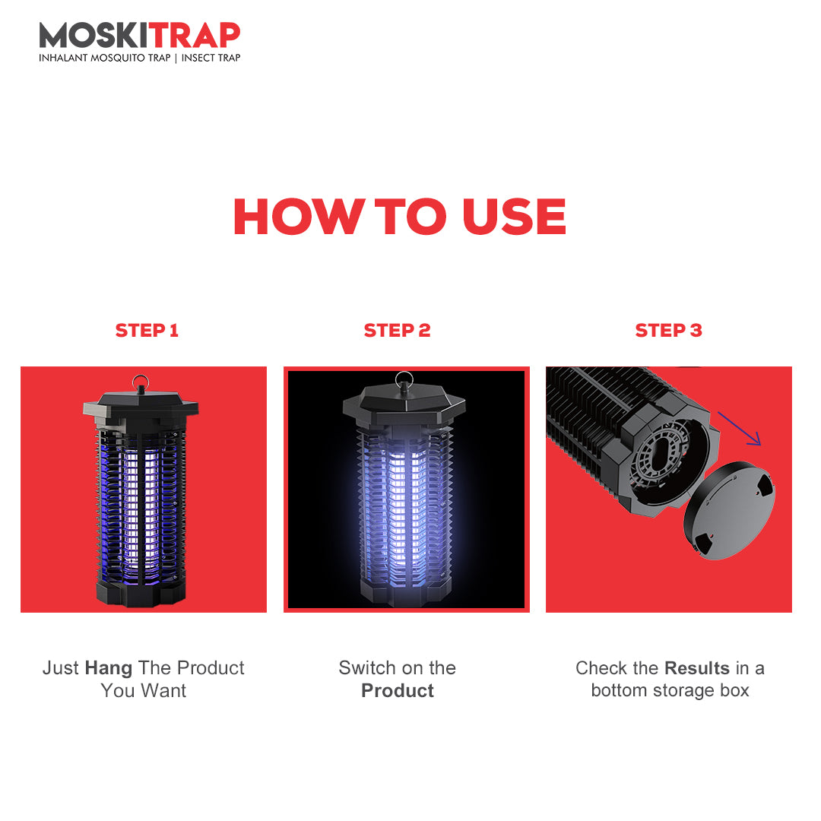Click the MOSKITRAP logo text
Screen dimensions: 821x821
[140, 36]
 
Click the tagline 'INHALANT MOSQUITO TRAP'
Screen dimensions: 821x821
[105, 58]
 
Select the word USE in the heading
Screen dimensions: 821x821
[514, 216]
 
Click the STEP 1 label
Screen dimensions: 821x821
[147, 331]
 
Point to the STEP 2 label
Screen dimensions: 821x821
[397, 331]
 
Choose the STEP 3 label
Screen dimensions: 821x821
[668, 331]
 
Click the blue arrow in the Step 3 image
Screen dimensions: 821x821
[739, 428]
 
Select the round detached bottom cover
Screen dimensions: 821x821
[729, 511]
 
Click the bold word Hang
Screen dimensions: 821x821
[109, 669]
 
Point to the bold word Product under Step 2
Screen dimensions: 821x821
[398, 690]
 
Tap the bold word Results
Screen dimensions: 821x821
[697, 668]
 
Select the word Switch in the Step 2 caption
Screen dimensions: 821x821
[366, 668]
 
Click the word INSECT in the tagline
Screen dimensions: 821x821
[195, 58]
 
